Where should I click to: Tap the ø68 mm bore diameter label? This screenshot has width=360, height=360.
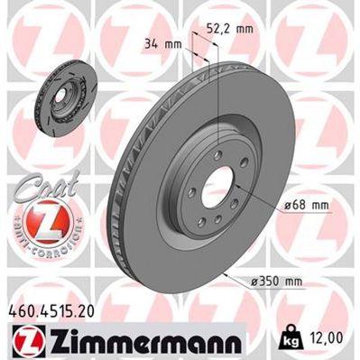pyautogui.click(x=303, y=206)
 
